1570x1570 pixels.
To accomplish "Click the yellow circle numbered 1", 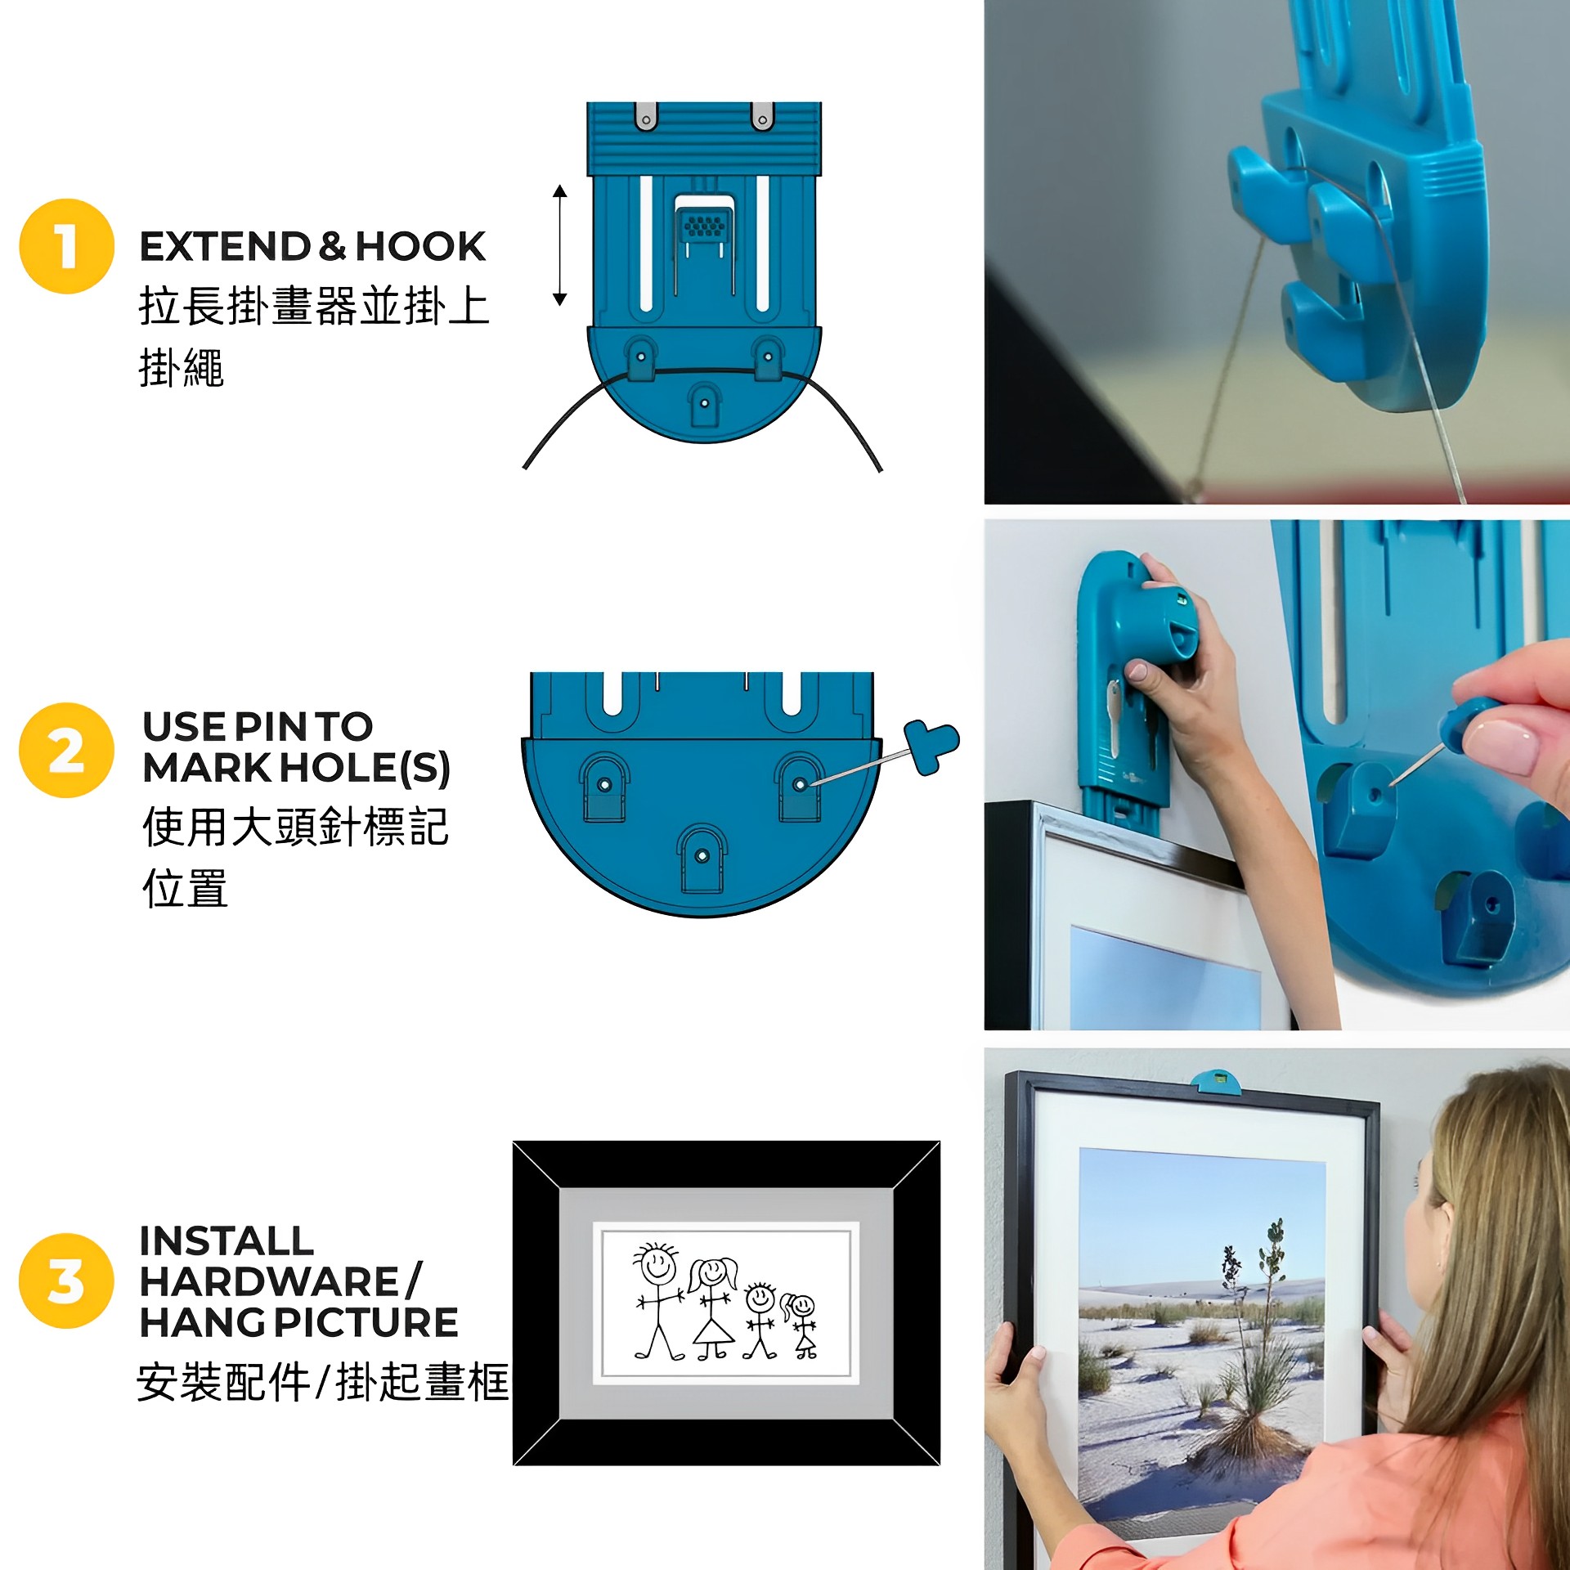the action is click(66, 245).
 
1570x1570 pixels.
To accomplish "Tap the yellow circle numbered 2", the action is click(66, 750).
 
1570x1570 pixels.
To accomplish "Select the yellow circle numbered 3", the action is click(66, 1281).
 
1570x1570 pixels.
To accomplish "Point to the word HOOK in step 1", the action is click(420, 246).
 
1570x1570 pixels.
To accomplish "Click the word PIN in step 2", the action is click(270, 726).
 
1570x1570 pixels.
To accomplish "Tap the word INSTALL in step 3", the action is click(227, 1240).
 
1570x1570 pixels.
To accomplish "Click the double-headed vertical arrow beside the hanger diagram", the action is click(559, 245).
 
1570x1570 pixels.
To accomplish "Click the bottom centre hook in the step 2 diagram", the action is click(701, 859).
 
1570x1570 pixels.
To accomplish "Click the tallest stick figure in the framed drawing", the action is click(658, 1302).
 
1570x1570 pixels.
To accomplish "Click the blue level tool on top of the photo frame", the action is click(1215, 1081).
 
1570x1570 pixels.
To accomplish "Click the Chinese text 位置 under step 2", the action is click(185, 888).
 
